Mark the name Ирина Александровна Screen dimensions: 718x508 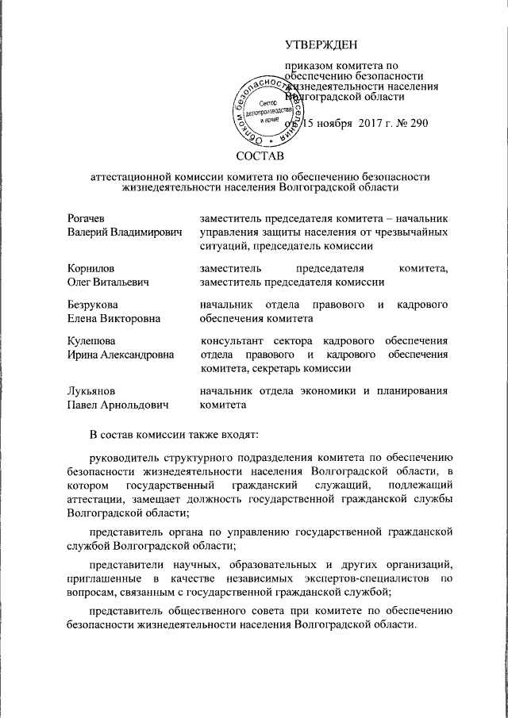tap(121, 355)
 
